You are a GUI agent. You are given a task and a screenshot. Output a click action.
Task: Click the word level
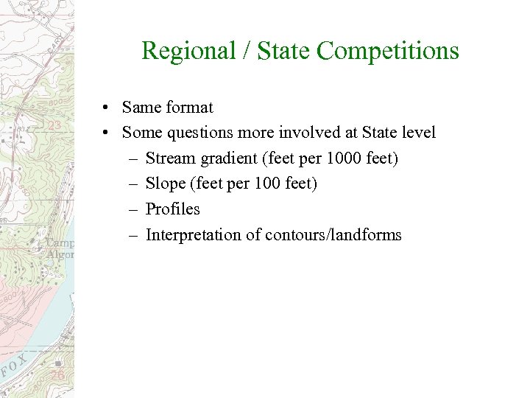417,133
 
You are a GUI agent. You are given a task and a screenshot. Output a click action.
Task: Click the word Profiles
173,209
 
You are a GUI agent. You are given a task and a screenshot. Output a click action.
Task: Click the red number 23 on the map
54,126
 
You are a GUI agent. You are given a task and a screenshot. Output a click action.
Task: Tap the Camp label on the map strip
61,242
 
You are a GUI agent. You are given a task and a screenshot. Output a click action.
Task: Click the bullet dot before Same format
107,108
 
